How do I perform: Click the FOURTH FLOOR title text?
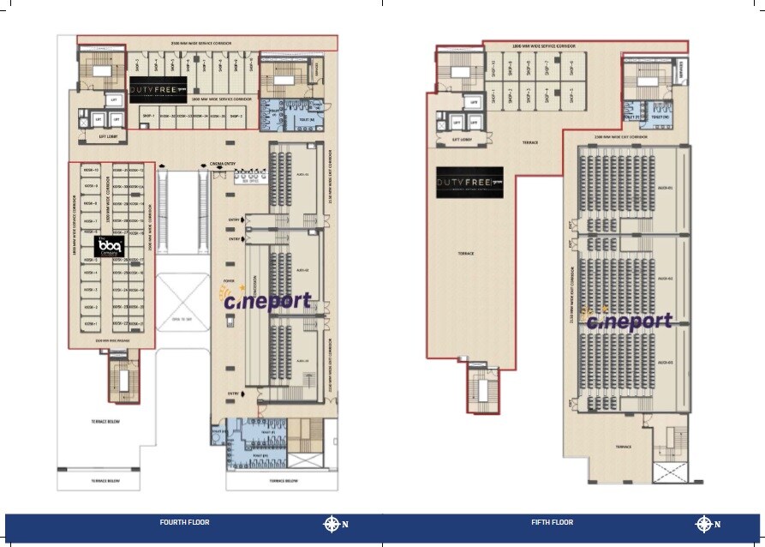click(x=184, y=522)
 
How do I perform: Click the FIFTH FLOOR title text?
click(x=552, y=522)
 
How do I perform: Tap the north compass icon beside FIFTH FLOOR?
click(x=703, y=524)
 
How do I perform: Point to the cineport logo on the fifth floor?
click(x=629, y=321)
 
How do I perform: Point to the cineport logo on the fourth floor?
click(x=266, y=300)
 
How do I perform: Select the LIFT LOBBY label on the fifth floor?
click(x=463, y=138)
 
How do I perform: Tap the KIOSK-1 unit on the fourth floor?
click(x=90, y=323)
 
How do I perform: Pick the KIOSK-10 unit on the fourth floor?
click(x=90, y=184)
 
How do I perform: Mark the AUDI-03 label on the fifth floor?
click(x=665, y=363)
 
